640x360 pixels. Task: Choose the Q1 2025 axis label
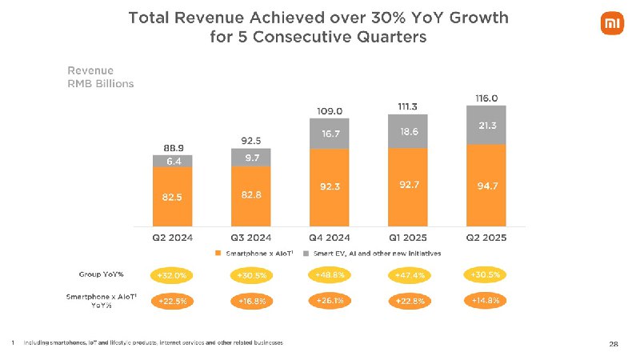[408, 238]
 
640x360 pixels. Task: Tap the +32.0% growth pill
[173, 276]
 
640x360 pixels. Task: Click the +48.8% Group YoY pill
[330, 275]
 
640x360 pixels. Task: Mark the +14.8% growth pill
[486, 301]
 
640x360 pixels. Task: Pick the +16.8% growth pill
[251, 302]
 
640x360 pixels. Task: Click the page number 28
[613, 344]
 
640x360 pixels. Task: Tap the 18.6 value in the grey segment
[408, 130]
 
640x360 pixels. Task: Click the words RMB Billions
[101, 83]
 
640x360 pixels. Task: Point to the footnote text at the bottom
[152, 342]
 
